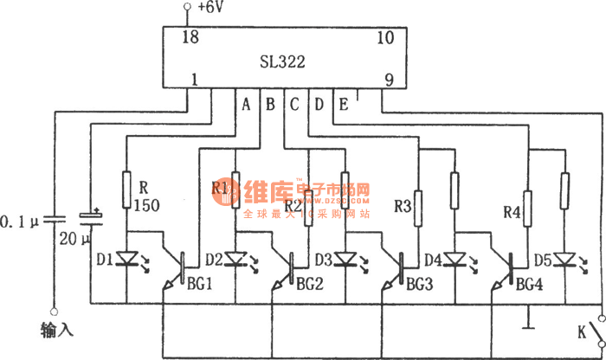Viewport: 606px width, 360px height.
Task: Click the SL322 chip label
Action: click(282, 62)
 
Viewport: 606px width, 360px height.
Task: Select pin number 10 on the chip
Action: click(385, 37)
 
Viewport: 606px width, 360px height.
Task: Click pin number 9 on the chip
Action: click(390, 80)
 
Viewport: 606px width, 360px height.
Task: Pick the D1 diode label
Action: click(105, 259)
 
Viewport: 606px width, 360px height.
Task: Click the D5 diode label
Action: click(541, 259)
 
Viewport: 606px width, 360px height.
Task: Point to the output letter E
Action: click(343, 105)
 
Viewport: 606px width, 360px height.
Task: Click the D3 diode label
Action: click(325, 259)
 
